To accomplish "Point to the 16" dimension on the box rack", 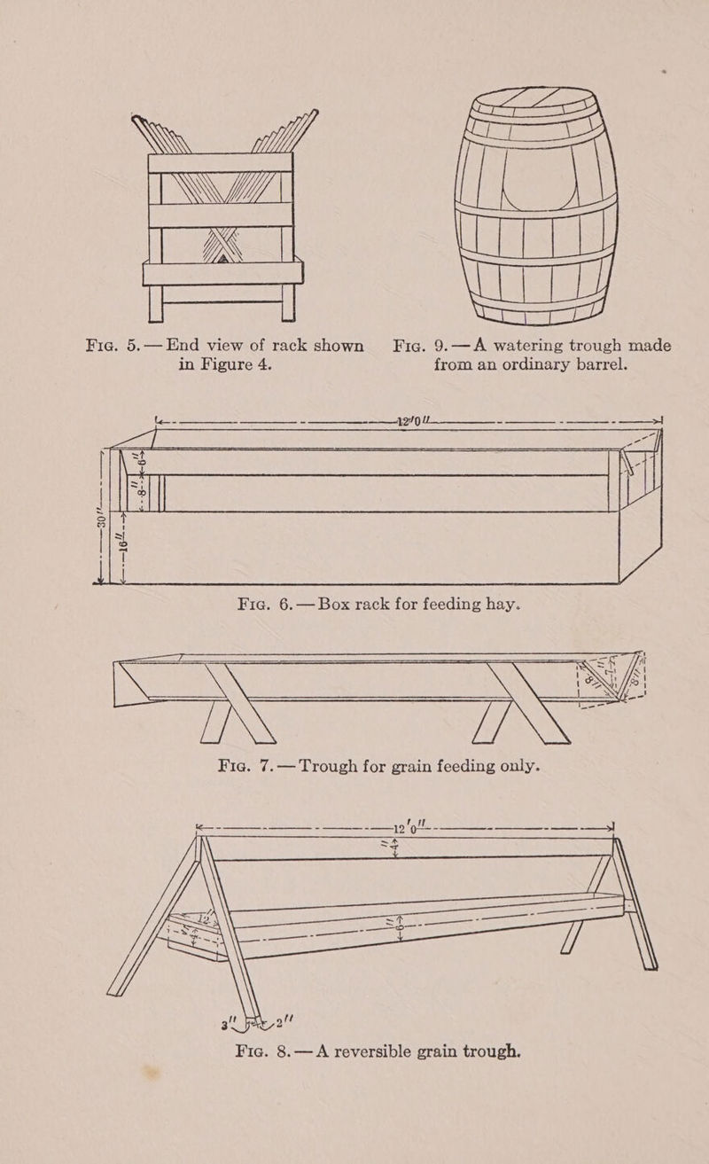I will click(x=125, y=546).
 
